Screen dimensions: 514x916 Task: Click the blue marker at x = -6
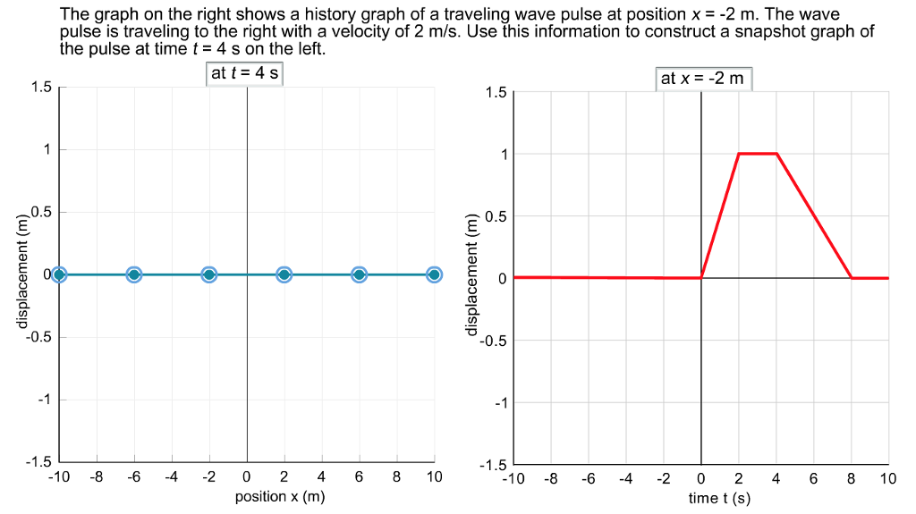pyautogui.click(x=133, y=274)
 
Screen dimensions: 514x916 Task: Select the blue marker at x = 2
pyautogui.click(x=284, y=274)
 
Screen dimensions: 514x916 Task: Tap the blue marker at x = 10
pyautogui.click(x=434, y=274)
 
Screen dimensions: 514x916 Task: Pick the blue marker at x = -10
pyautogui.click(x=59, y=274)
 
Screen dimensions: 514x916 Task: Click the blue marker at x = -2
pyautogui.click(x=208, y=274)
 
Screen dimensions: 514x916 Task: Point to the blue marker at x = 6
pyautogui.click(x=359, y=274)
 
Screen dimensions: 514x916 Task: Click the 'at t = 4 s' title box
pyautogui.click(x=244, y=73)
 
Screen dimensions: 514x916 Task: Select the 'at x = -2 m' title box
pyautogui.click(x=702, y=79)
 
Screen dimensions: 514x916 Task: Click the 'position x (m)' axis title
pyautogui.click(x=279, y=496)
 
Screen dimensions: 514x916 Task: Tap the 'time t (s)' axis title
pyautogui.click(x=719, y=498)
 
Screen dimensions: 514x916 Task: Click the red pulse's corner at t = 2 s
pyautogui.click(x=739, y=154)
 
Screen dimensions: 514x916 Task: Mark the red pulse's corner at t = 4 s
pyautogui.click(x=776, y=154)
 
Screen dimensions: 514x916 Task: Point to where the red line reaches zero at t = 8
pyautogui.click(x=851, y=278)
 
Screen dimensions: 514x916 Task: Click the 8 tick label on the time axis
pyautogui.click(x=851, y=479)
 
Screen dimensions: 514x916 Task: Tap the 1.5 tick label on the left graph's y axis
pyautogui.click(x=41, y=88)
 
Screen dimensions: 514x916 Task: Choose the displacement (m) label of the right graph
pyautogui.click(x=472, y=278)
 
